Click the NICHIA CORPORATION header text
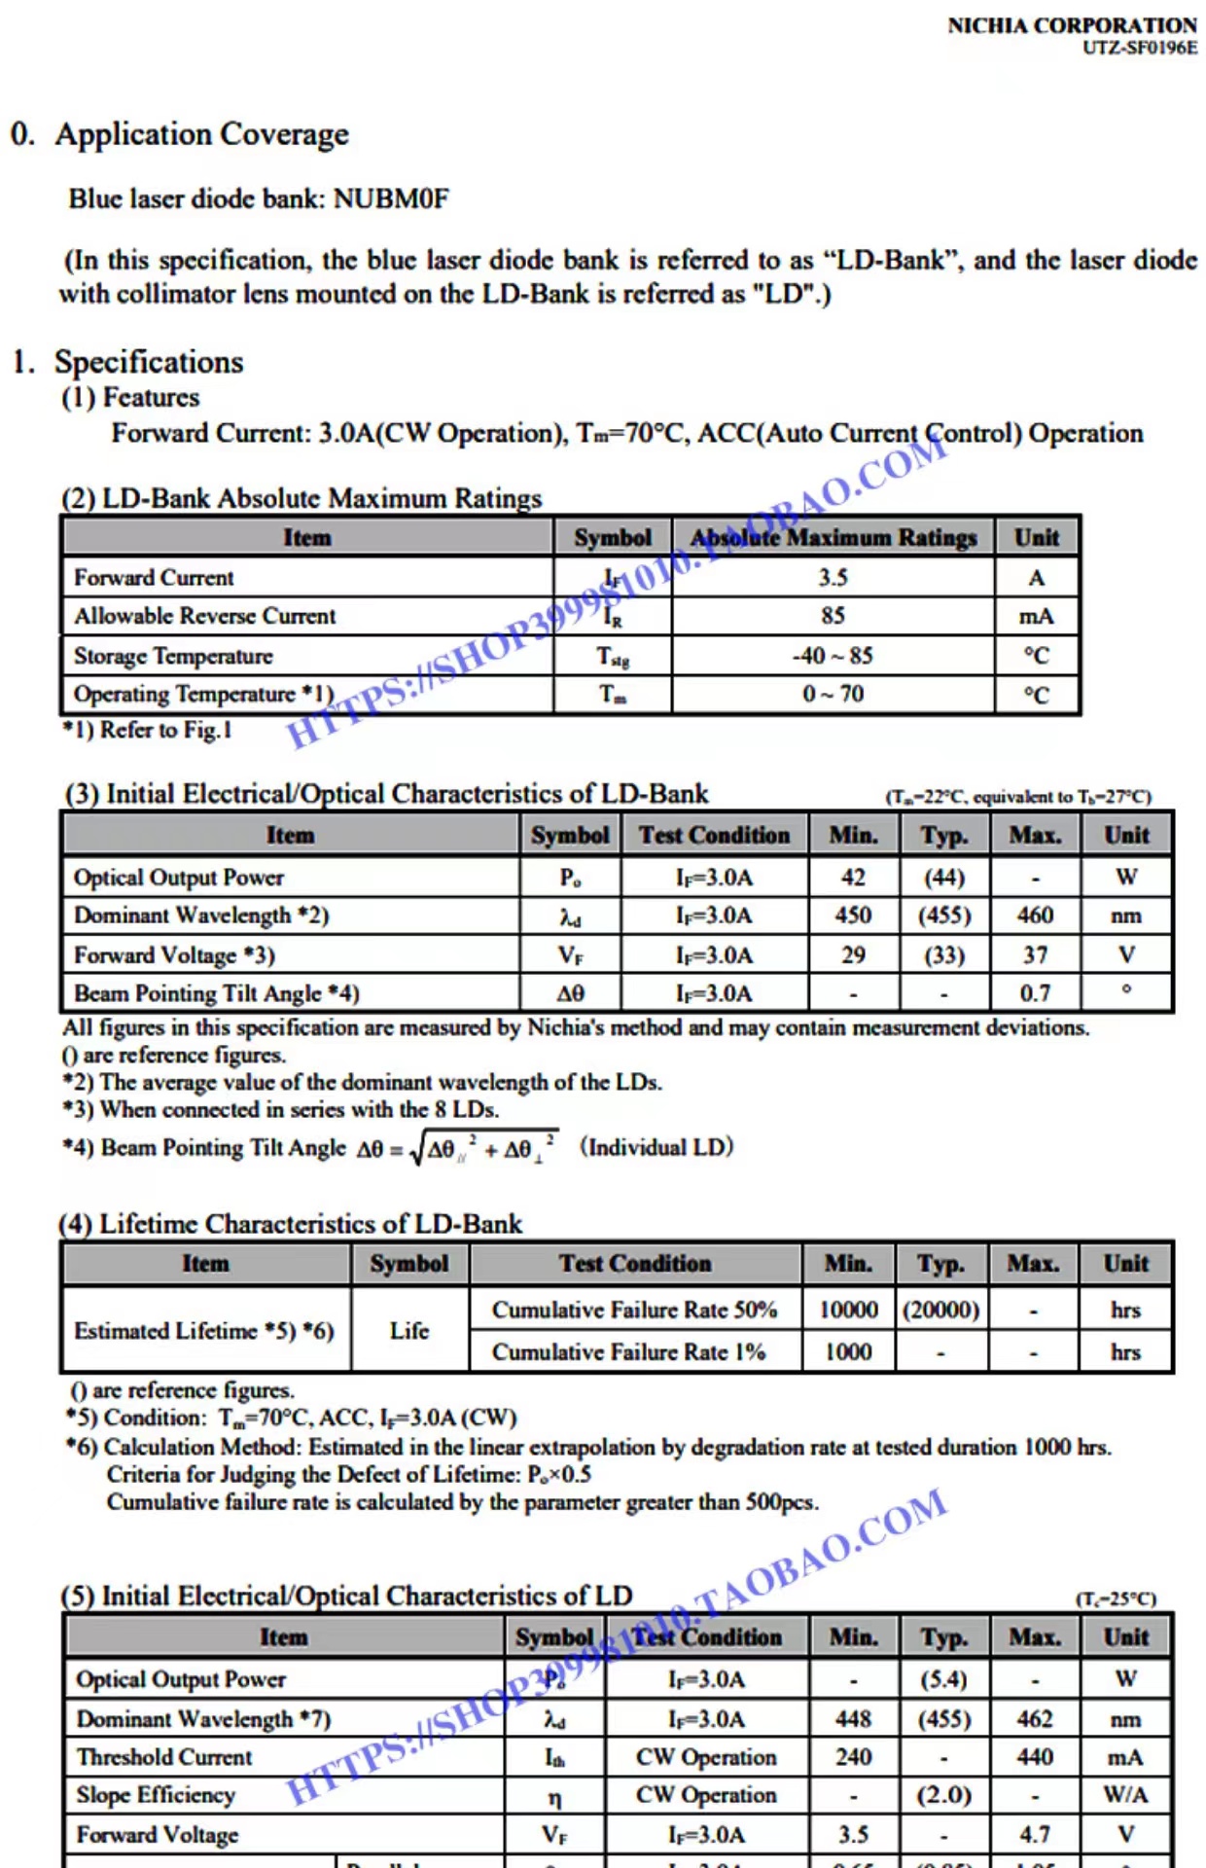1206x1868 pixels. pos(1072,25)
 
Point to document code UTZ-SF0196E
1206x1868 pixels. pos(1140,48)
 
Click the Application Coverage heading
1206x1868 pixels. pos(201,134)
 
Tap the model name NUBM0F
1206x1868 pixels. pos(391,198)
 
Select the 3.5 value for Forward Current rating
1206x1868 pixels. pos(833,577)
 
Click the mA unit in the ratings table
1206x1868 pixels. pos(1036,616)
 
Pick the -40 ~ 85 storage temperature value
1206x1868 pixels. pos(833,656)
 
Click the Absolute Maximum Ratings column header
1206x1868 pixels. pos(833,537)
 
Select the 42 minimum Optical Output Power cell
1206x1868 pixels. pos(853,877)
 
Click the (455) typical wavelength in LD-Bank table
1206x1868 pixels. pos(944,916)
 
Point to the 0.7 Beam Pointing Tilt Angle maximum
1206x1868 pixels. pos(1035,993)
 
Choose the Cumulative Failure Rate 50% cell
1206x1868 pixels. pos(634,1310)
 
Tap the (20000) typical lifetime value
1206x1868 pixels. pos(940,1310)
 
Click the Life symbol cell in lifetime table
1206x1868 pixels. pos(409,1330)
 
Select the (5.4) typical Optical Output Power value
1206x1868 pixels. pos(943,1679)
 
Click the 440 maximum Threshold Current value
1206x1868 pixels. pos(1035,1757)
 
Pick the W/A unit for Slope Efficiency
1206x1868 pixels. pos(1125,1795)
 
